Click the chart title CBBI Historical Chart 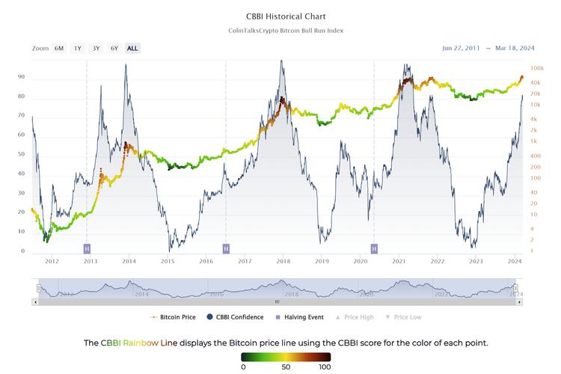tap(280, 16)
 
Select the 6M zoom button tap(59, 48)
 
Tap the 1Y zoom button tap(78, 48)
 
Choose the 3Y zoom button tap(96, 48)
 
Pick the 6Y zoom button tap(114, 48)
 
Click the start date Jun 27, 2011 tap(462, 48)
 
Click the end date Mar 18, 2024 tap(517, 48)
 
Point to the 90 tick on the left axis tap(22, 77)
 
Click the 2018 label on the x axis tap(283, 261)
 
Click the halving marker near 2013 tap(87, 248)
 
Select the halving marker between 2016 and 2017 tap(226, 248)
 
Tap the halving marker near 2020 tap(374, 248)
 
